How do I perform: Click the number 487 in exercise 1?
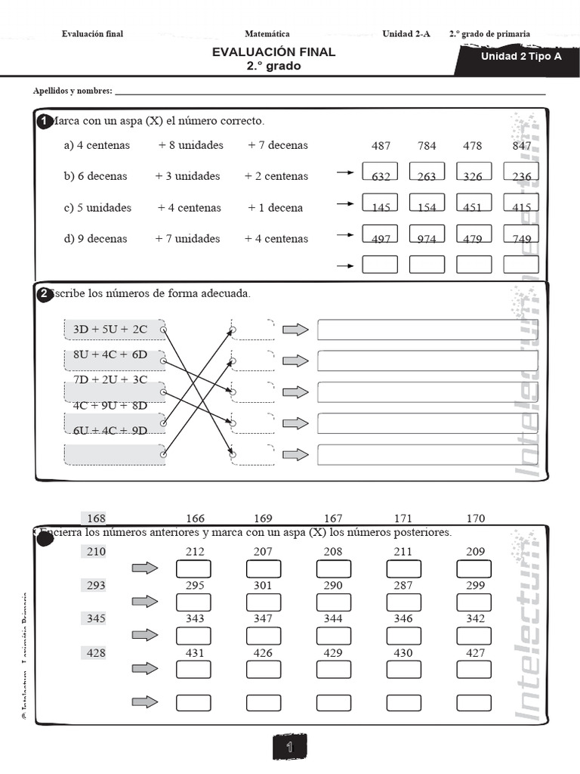pyautogui.click(x=381, y=146)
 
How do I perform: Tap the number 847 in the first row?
pyautogui.click(x=521, y=146)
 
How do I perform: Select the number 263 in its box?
pyautogui.click(x=427, y=177)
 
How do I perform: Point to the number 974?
pyautogui.click(x=427, y=239)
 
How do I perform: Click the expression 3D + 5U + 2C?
pyautogui.click(x=110, y=330)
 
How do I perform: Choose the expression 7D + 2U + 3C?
pyautogui.click(x=110, y=379)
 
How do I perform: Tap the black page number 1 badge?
pyautogui.click(x=289, y=748)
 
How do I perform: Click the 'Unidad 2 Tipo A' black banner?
pyautogui.click(x=521, y=56)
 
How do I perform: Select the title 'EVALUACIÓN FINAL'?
pyautogui.click(x=273, y=52)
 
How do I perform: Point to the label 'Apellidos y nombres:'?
pyautogui.click(x=72, y=91)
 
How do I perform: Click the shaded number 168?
pyautogui.click(x=97, y=519)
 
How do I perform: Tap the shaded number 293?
pyautogui.click(x=96, y=585)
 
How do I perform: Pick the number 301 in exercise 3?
pyautogui.click(x=263, y=585)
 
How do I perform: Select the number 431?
pyautogui.click(x=195, y=652)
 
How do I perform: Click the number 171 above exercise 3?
pyautogui.click(x=403, y=519)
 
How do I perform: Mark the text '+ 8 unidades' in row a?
pyautogui.click(x=190, y=145)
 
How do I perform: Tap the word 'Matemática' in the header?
pyautogui.click(x=267, y=34)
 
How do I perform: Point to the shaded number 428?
pyautogui.click(x=96, y=652)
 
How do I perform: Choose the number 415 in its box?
pyautogui.click(x=521, y=208)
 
